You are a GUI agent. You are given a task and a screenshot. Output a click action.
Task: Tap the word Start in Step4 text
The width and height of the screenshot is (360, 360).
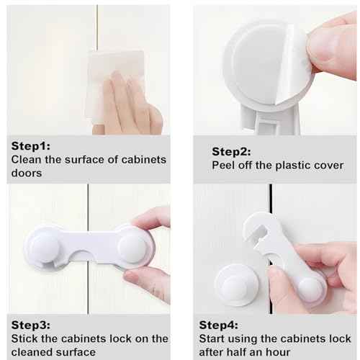[215, 338]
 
